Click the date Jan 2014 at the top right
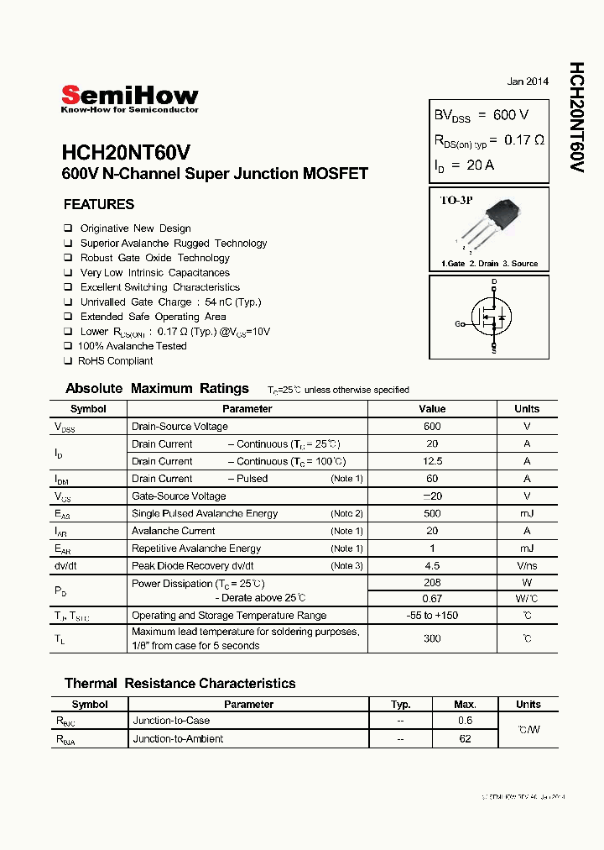[x=528, y=81]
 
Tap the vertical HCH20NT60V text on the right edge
[x=577, y=117]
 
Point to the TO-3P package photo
[x=502, y=221]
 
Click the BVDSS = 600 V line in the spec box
[x=481, y=115]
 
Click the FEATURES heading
[x=99, y=204]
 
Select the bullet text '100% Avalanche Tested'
[x=132, y=346]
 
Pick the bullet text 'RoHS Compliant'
[x=115, y=361]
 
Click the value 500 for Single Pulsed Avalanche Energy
[x=432, y=513]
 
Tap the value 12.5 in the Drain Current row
[x=432, y=461]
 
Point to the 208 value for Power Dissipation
[x=432, y=583]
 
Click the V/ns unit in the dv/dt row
[x=527, y=566]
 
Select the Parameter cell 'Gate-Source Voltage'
[x=179, y=496]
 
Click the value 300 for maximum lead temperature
[x=432, y=638]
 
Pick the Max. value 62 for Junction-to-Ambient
[x=465, y=739]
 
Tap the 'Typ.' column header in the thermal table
[x=401, y=705]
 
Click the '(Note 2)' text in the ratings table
[x=346, y=513]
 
